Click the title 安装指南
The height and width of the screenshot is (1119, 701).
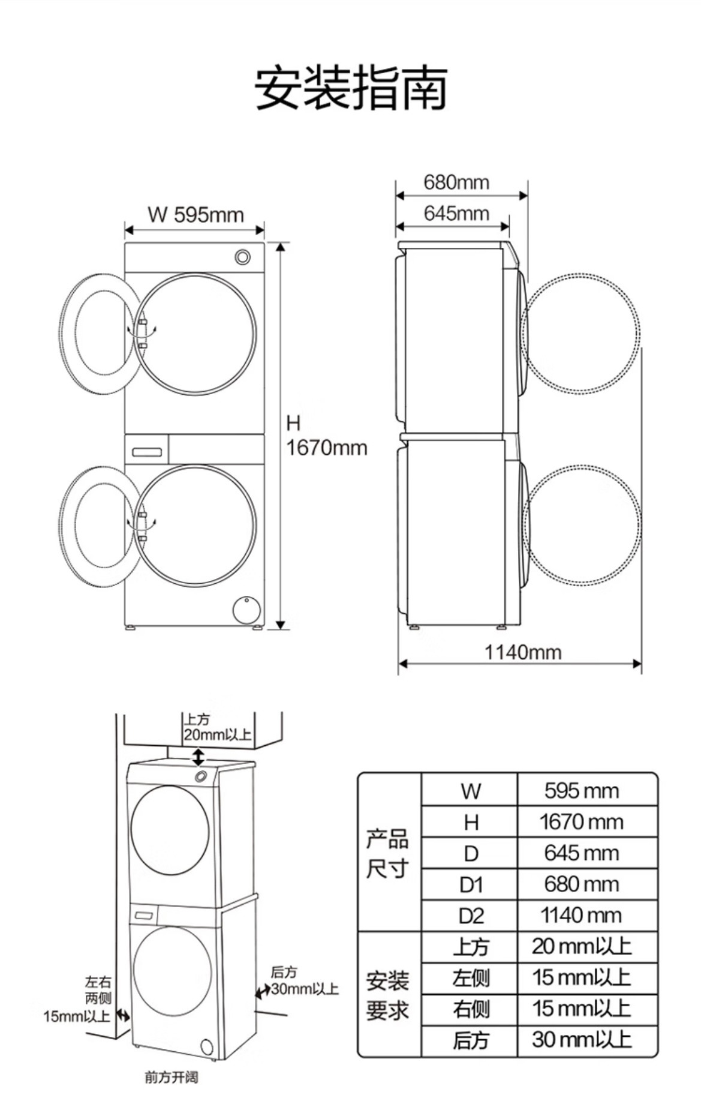[x=351, y=88]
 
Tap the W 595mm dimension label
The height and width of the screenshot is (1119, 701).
[x=195, y=215]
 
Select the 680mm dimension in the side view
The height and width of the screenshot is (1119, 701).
[x=456, y=182]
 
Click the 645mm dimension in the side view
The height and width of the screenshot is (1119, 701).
[x=456, y=214]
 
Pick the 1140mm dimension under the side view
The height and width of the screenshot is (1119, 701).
[x=523, y=652]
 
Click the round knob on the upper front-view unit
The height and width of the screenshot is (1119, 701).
[x=243, y=257]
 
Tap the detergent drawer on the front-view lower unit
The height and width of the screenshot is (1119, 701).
[x=147, y=450]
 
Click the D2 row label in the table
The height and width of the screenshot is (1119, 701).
[x=471, y=916]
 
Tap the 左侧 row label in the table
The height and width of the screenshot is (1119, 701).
[x=471, y=977]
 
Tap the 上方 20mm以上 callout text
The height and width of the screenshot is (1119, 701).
[x=216, y=727]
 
